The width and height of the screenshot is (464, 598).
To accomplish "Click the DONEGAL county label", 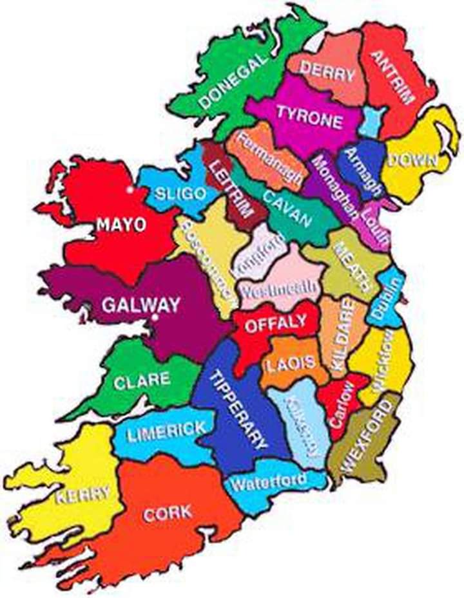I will click(x=233, y=81).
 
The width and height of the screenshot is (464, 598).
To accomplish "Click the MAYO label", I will click(x=121, y=225).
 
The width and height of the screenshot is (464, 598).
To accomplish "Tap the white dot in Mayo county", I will click(x=130, y=190).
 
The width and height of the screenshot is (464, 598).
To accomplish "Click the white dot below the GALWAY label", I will click(x=155, y=317).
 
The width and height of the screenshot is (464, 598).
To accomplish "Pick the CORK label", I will click(x=168, y=513).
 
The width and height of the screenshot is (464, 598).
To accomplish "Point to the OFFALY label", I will click(x=275, y=324).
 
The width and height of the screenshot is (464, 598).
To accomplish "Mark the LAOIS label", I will click(x=291, y=363).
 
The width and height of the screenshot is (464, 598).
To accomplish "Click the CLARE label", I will click(x=142, y=380).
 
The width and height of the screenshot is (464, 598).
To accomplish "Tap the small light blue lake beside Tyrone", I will click(x=372, y=120).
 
